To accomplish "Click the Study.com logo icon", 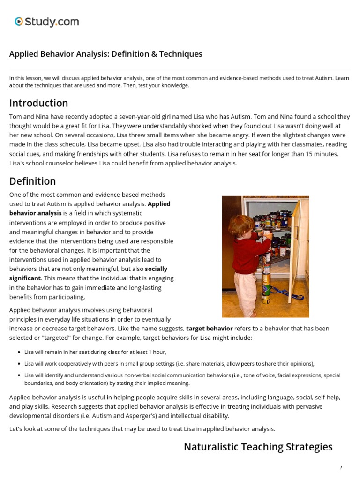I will pos(19,22).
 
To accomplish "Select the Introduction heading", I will pos(38,103).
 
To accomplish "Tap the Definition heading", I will pos(32,181).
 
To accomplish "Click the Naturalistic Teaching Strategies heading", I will pos(258,447).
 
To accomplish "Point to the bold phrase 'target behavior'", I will pos(209,329).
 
